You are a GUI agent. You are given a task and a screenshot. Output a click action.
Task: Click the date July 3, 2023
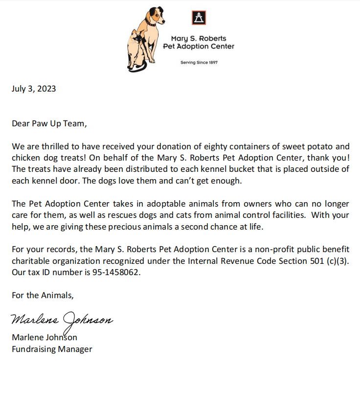pos(34,89)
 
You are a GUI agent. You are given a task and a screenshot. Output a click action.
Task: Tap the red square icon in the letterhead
pos(199,18)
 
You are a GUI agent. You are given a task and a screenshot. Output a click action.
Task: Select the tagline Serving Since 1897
pos(199,63)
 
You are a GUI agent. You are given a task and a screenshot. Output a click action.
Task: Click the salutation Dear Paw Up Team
pos(49,123)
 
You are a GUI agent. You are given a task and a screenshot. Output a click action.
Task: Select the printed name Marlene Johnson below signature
pos(45,337)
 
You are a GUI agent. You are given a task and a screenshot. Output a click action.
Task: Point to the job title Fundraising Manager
pos(52,349)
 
